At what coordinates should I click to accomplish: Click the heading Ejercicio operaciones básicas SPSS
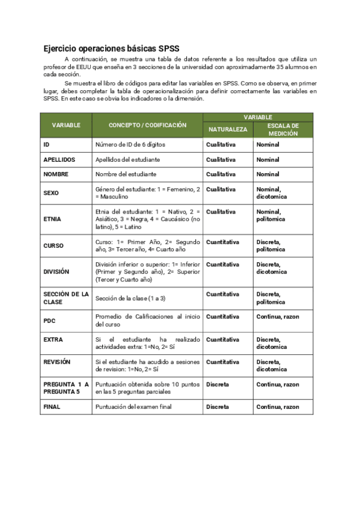pyautogui.click(x=111, y=48)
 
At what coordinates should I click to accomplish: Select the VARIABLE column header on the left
pyautogui.click(x=66, y=125)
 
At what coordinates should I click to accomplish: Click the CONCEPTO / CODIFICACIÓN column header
pyautogui.click(x=147, y=125)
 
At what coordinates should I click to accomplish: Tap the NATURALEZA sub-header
pyautogui.click(x=228, y=129)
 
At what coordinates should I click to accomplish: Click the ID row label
pyautogui.click(x=46, y=145)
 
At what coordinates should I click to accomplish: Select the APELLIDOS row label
pyautogui.click(x=59, y=159)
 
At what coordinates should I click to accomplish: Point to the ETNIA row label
pyautogui.click(x=52, y=220)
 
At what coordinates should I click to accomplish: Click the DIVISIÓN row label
pyautogui.click(x=56, y=272)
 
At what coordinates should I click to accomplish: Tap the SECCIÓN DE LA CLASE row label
pyautogui.click(x=66, y=298)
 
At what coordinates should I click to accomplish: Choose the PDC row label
pyautogui.click(x=49, y=320)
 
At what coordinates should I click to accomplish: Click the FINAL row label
pyautogui.click(x=52, y=407)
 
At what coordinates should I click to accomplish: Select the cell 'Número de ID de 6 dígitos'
pyautogui.click(x=130, y=145)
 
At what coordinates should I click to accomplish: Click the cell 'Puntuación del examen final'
pyautogui.click(x=133, y=407)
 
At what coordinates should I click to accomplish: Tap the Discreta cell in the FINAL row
pyautogui.click(x=217, y=407)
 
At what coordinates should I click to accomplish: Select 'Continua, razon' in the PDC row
pyautogui.click(x=277, y=316)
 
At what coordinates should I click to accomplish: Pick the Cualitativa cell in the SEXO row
pyautogui.click(x=221, y=189)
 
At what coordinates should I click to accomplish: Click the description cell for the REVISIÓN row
pyautogui.click(x=147, y=366)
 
